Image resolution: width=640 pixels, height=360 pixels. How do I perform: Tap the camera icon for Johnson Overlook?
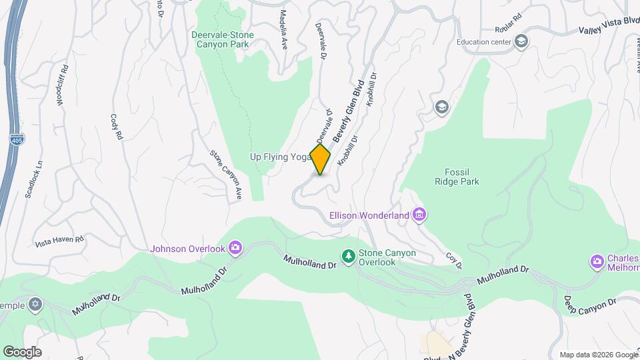pyautogui.click(x=235, y=249)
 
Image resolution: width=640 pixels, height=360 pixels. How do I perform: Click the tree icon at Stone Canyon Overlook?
pyautogui.click(x=348, y=255)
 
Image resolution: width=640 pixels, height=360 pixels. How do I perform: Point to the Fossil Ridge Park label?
pyautogui.click(x=457, y=176)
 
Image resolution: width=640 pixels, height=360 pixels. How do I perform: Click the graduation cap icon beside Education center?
pyautogui.click(x=521, y=42)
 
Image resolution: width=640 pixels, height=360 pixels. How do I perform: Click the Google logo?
pyautogui.click(x=22, y=352)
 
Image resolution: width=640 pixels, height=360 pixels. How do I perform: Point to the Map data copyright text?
pyautogui.click(x=597, y=355)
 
